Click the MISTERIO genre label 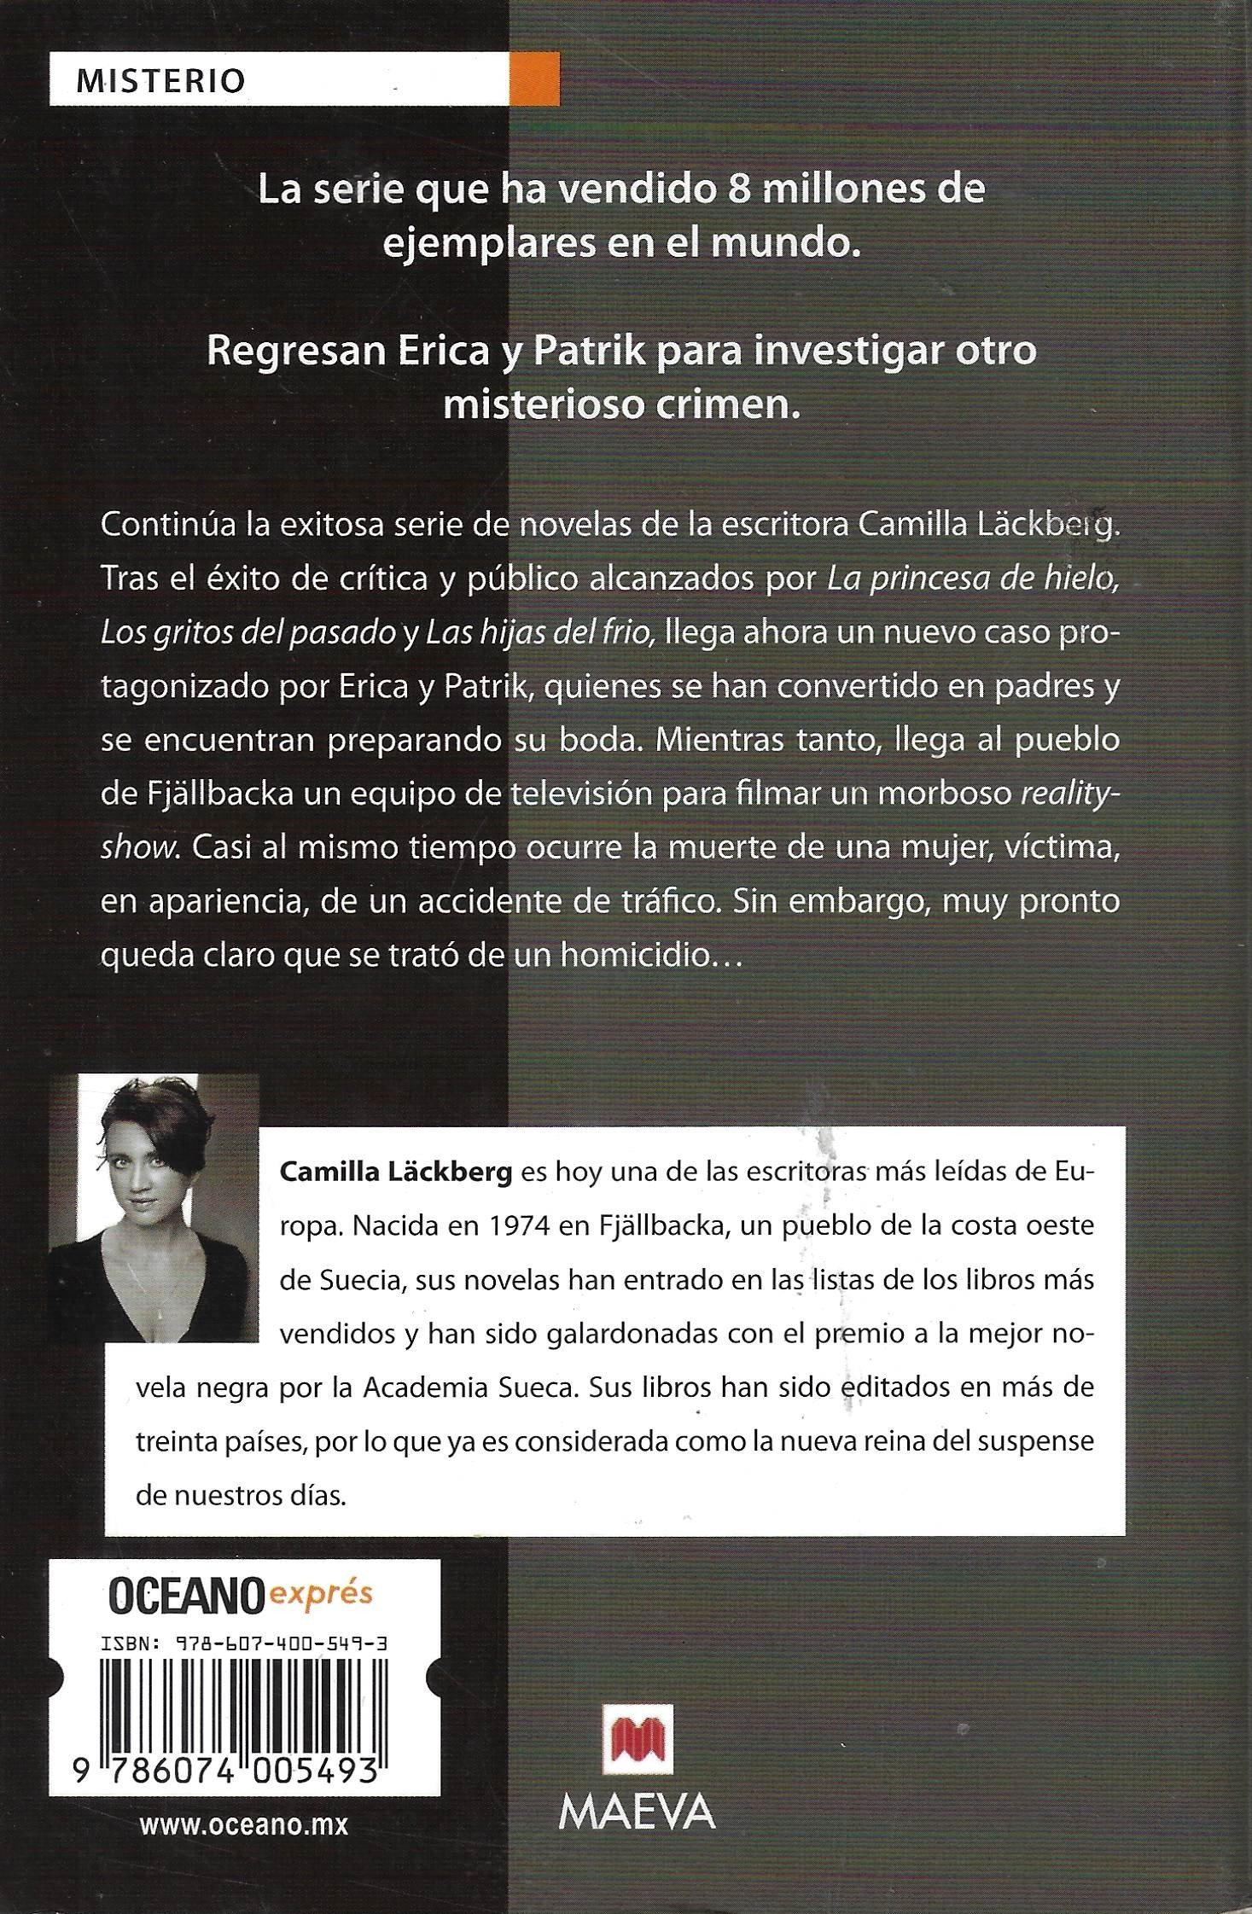160,80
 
